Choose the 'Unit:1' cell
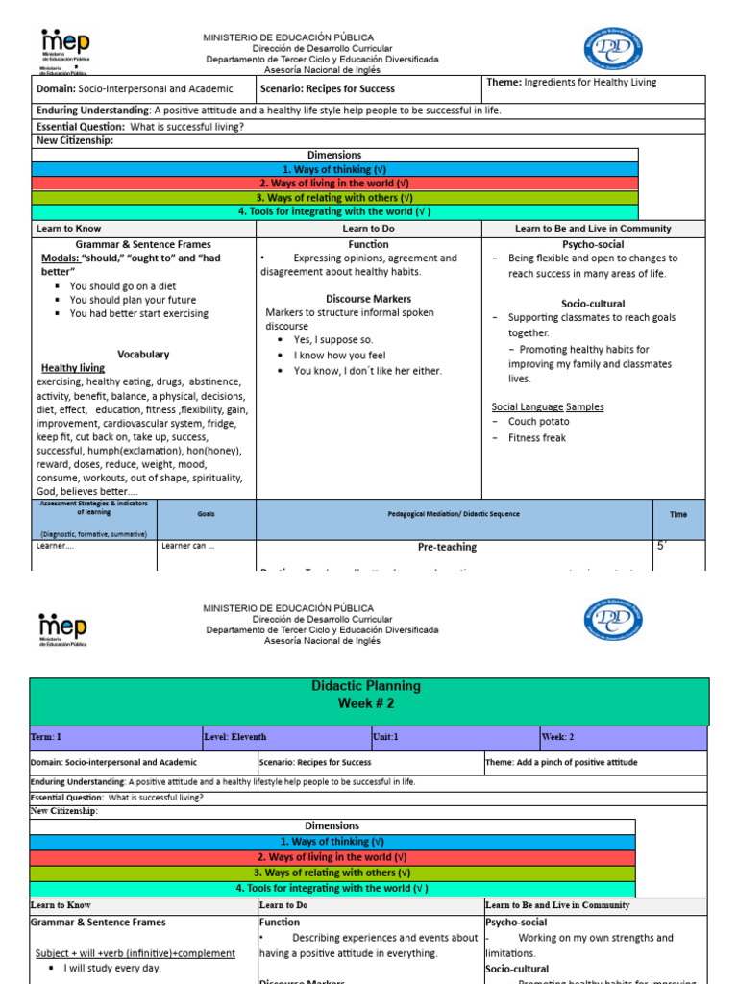coord(390,738)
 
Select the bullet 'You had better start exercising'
coord(138,313)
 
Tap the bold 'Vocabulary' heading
coord(143,354)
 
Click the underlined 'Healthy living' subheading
coord(73,368)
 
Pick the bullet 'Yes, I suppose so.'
coord(333,339)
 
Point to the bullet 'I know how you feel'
coord(339,355)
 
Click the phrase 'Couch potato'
coord(538,422)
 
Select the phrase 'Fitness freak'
coord(537,438)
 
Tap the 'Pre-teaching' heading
coord(447,547)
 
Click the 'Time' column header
coord(678,514)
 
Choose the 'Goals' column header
coord(207,514)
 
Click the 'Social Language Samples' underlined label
coord(548,406)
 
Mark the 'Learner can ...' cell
coord(188,547)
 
